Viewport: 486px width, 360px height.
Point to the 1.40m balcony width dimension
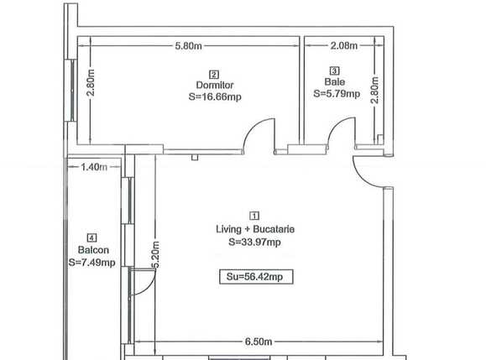point(93,166)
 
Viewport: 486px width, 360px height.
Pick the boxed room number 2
point(214,73)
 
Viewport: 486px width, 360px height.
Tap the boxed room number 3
point(335,70)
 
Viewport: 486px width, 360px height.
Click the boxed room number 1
point(254,215)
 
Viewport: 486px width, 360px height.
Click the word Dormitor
point(214,85)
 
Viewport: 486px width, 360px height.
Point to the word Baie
point(334,82)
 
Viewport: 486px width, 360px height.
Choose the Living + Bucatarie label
point(254,228)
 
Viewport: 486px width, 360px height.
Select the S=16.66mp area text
point(214,97)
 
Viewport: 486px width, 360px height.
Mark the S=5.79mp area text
point(336,94)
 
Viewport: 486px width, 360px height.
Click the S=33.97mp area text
point(254,242)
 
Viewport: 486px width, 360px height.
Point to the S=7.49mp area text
point(91,263)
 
